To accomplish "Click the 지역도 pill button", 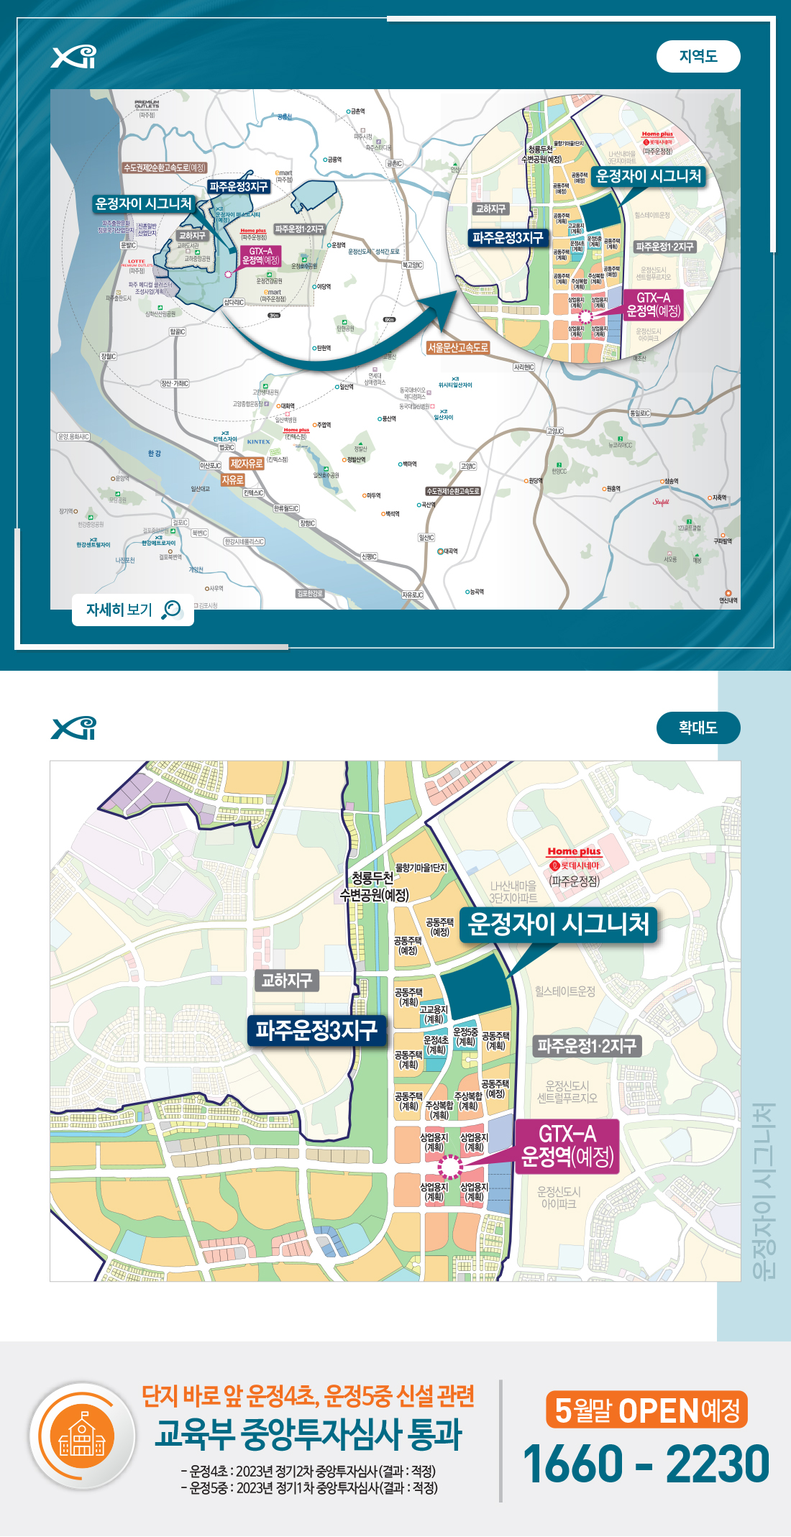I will pos(698,57).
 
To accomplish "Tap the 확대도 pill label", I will pos(698,728).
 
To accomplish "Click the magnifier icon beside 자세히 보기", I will pos(172,610).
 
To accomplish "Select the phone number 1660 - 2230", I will pos(646,1464).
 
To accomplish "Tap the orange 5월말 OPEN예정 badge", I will pos(646,1410).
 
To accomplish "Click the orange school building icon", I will pos(82,1435).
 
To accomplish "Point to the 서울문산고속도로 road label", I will pos(458,348).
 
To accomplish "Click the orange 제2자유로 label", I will pos(247,464).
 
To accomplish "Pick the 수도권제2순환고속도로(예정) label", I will pos(165,168).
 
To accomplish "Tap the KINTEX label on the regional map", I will pos(259,442).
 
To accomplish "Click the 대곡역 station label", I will pos(447,551).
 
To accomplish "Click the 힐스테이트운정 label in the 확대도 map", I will pos(565,991).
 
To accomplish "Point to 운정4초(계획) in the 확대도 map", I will pos(436,1045).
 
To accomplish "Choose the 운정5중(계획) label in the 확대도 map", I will pos(466,1037).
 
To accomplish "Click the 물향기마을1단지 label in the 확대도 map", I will pos(421,868).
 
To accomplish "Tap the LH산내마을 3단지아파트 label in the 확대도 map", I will pos(513,891).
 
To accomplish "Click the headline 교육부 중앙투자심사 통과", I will pos(308,1435).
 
